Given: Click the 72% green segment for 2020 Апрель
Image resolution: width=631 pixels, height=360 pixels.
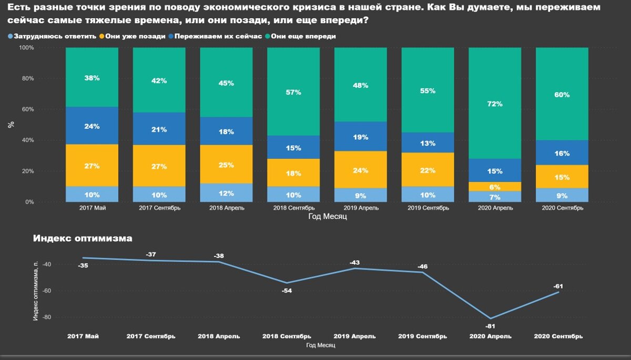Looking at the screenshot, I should click(494, 104).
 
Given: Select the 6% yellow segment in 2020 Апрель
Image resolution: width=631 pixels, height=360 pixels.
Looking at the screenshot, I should click(494, 187).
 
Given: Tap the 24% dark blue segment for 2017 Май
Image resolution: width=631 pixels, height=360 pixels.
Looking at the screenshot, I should click(91, 126).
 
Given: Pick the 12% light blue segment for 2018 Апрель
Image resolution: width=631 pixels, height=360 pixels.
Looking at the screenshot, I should click(226, 193).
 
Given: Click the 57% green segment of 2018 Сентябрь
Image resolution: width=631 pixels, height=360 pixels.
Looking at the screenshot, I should click(293, 92).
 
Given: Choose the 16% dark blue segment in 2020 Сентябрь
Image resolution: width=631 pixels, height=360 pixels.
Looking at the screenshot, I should click(562, 153).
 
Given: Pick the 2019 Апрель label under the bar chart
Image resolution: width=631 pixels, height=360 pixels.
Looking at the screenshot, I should click(360, 208).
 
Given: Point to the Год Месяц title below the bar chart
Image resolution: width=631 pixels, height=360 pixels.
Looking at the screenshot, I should click(327, 217).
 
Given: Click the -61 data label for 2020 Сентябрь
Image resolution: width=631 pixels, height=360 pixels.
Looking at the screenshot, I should click(558, 286).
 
